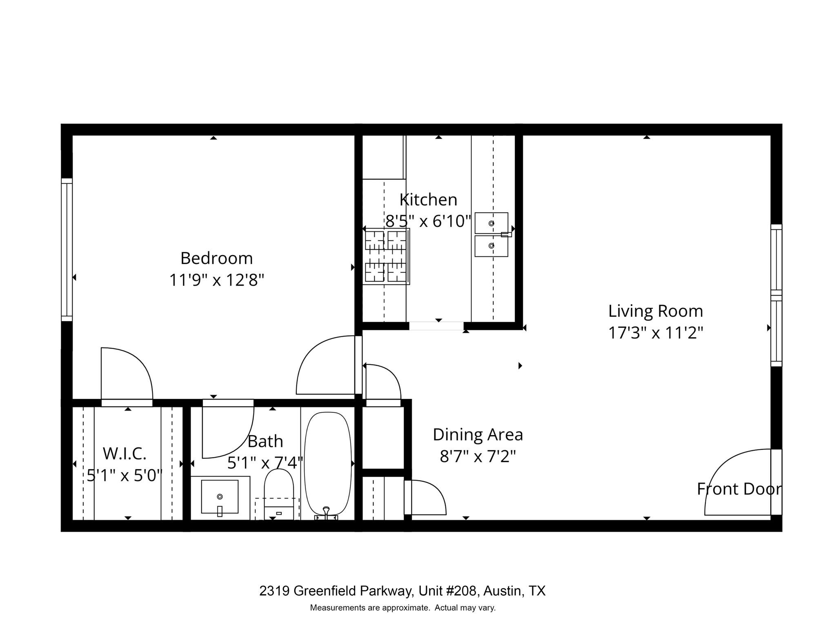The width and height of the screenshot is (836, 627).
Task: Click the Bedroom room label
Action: (216, 258)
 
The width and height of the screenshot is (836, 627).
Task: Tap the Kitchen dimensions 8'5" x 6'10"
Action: (429, 221)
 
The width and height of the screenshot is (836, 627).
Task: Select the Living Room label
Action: (656, 311)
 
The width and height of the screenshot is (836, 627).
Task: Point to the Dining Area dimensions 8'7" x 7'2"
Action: (478, 456)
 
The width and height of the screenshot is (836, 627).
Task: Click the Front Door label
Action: (739, 489)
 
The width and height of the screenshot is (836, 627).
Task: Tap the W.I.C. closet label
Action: (125, 454)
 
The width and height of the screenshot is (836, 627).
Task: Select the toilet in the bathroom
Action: (279, 494)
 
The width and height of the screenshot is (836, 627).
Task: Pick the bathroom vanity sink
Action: (220, 496)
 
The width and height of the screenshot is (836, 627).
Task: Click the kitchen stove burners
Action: (386, 256)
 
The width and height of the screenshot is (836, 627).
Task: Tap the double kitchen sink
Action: (491, 235)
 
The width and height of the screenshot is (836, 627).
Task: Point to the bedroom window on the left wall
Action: (67, 250)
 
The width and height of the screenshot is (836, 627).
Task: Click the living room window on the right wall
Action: (776, 295)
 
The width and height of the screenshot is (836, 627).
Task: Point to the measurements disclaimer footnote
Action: (403, 607)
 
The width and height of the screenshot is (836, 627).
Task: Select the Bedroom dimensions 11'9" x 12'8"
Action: (217, 280)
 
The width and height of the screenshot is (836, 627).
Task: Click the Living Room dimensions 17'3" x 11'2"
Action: (656, 333)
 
